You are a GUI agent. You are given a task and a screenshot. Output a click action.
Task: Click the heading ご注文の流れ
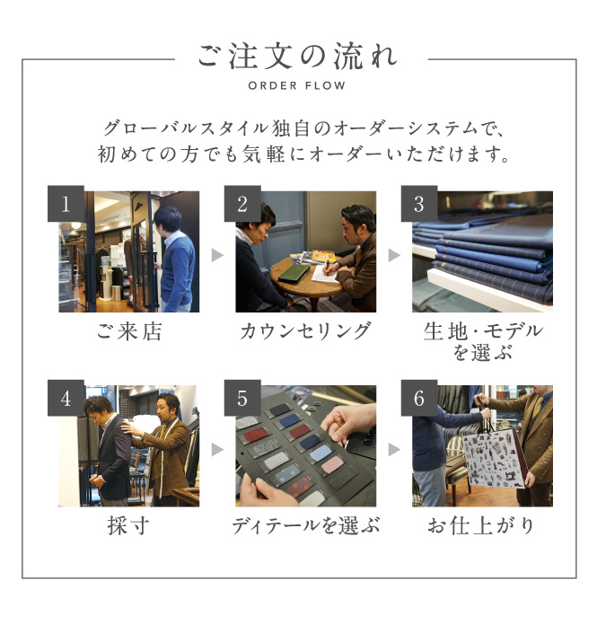point(297,57)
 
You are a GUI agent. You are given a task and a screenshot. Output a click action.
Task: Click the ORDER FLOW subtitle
point(297,85)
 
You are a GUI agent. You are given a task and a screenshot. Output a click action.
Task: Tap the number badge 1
point(66,204)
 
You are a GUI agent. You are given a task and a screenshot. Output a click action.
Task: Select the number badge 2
point(242,204)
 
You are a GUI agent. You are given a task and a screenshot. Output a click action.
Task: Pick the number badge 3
point(419,204)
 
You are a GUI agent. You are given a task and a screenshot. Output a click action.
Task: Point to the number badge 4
point(66,398)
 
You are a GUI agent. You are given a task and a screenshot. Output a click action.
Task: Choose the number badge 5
point(242,398)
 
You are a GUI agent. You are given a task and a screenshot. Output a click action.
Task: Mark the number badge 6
point(419,398)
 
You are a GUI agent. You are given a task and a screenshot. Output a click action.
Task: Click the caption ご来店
point(129,331)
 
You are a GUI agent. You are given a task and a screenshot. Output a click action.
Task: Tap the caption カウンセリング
point(305,331)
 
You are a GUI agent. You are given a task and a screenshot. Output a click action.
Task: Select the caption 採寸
point(128,525)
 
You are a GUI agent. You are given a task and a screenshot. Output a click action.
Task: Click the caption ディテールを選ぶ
point(305,525)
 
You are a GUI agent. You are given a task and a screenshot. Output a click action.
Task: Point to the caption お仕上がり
point(481,525)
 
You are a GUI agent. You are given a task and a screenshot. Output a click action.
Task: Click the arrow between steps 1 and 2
point(217,255)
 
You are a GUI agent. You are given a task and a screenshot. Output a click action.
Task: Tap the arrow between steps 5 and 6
point(394,450)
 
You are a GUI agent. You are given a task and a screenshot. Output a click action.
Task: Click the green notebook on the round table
point(294,274)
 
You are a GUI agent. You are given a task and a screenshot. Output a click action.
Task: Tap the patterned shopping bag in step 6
point(494,461)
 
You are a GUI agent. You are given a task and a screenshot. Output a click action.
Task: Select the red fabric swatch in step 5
point(255,435)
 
